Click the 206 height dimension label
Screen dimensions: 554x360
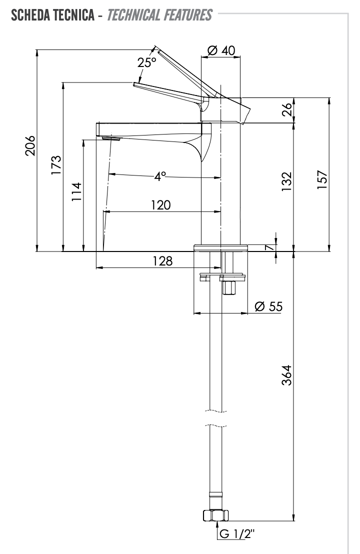coord(30,145)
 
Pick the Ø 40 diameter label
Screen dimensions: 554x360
coord(220,50)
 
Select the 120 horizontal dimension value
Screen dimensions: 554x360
coord(160,205)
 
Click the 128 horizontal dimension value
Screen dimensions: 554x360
coord(162,260)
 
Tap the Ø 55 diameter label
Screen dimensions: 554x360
coord(268,306)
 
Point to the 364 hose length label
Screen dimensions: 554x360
coord(286,375)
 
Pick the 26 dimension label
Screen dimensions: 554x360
coord(286,110)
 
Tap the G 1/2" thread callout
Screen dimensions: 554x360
coord(237,534)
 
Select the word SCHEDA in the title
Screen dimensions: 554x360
coord(28,16)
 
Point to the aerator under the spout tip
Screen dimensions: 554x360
coord(111,138)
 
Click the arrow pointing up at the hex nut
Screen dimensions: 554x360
coord(216,524)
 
